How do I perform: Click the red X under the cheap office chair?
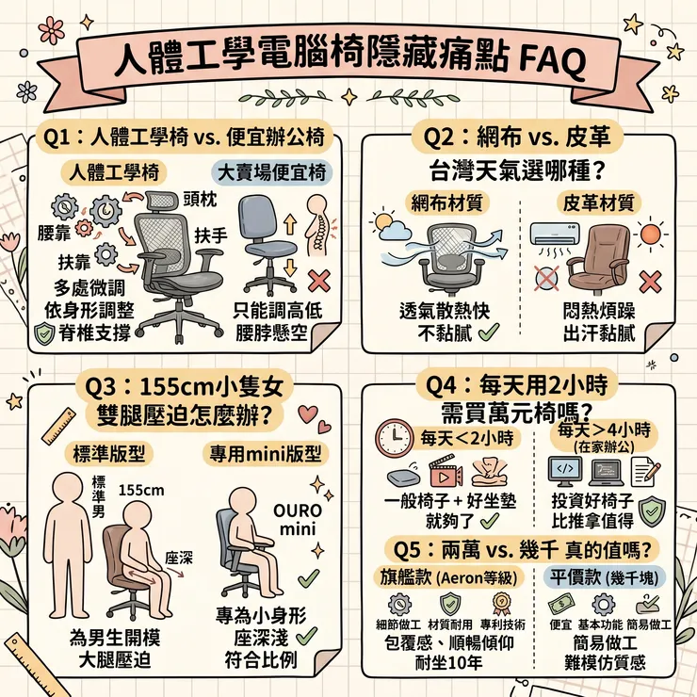point(318,280)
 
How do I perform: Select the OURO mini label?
point(294,521)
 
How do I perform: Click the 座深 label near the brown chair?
point(179,556)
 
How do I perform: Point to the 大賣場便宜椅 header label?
point(271,172)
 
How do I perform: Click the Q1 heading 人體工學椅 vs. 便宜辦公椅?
point(185,138)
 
